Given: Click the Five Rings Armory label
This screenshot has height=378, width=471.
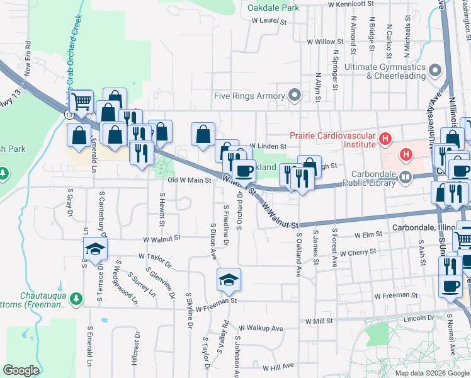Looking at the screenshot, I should click(250, 96).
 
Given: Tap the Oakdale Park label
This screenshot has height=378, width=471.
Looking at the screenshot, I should click(273, 8).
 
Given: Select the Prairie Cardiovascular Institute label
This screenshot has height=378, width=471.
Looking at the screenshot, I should click(332, 139).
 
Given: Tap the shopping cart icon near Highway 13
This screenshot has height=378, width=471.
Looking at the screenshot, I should click(81, 101).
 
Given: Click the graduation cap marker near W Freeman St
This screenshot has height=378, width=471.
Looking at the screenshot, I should click(229, 280).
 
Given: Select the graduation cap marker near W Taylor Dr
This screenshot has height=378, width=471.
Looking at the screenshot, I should click(94, 250).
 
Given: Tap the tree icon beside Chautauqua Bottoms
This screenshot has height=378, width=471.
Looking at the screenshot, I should click(76, 297).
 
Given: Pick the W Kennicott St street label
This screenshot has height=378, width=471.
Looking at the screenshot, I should click(356, 4).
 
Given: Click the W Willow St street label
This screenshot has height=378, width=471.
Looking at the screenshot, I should click(325, 42).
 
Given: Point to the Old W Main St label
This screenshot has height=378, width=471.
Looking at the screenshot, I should click(193, 180).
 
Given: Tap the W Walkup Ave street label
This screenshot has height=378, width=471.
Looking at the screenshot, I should click(264, 328).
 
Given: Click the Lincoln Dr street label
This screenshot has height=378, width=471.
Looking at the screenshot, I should click(422, 318).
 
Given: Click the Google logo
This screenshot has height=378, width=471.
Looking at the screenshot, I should click(21, 370).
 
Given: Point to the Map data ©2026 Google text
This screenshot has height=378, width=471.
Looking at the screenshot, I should click(431, 373).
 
